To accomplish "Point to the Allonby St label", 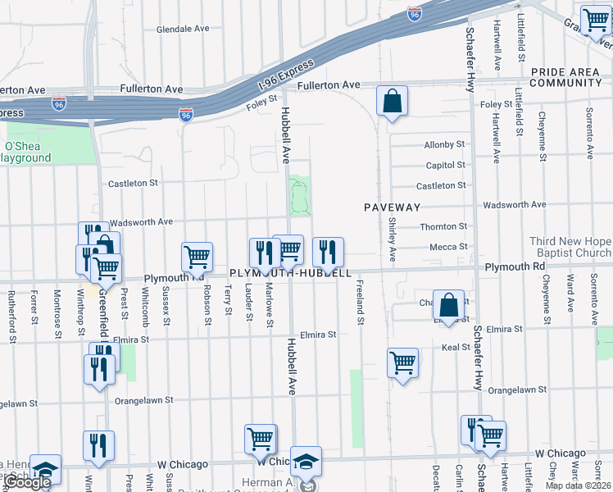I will [444, 144].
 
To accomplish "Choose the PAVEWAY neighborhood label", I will [393, 208].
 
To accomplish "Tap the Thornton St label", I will [443, 226].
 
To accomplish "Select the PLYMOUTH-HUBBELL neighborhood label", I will [290, 273].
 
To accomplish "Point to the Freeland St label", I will [360, 303].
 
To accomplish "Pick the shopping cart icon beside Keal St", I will [402, 362].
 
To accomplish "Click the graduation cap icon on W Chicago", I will [306, 461].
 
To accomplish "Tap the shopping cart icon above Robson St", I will [197, 257].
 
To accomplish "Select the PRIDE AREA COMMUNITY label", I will [565, 78].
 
